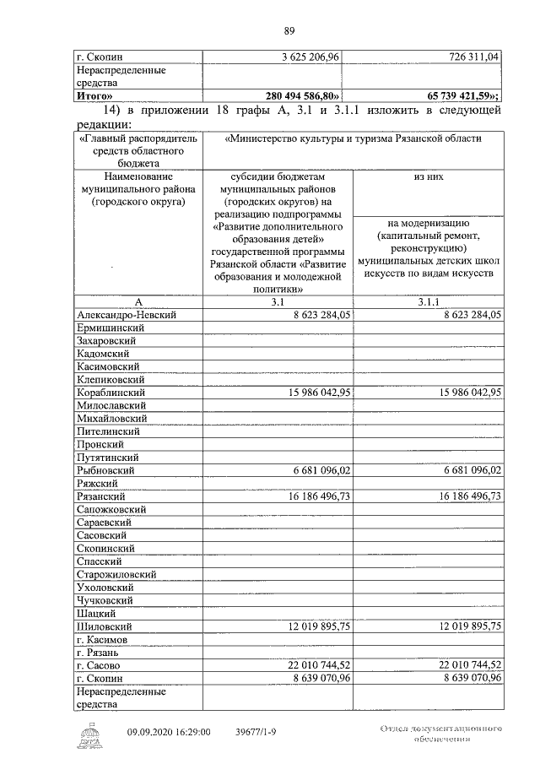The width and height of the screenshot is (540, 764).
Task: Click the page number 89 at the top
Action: pos(289,32)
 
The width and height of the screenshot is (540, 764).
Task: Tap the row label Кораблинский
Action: pos(110,393)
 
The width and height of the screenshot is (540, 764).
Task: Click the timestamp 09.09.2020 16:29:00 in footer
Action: pos(169,733)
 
